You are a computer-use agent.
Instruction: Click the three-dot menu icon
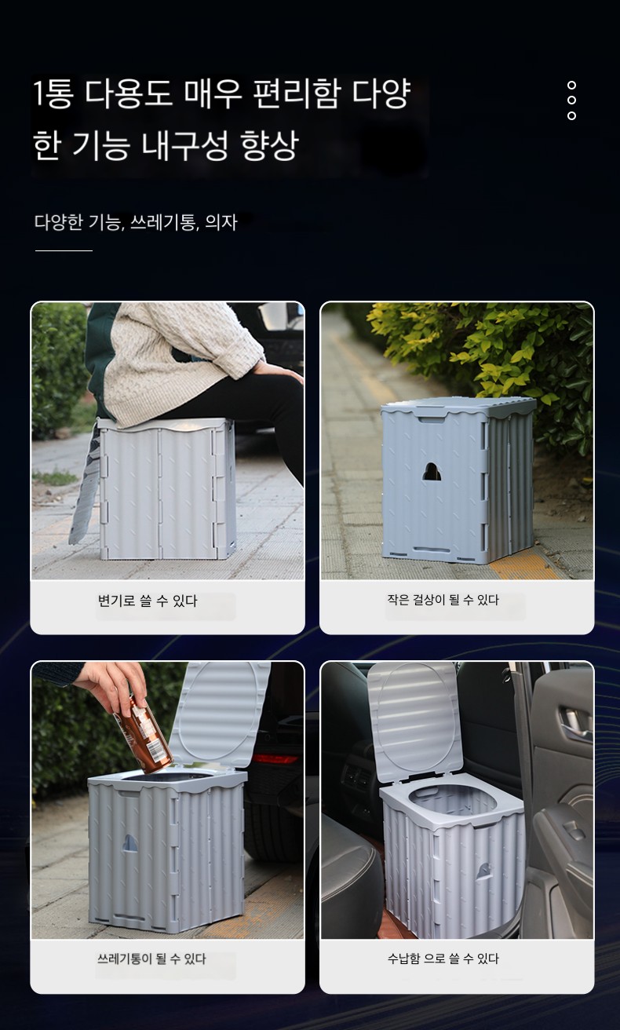[x=571, y=100]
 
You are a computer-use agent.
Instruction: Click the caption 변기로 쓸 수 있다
[x=147, y=601]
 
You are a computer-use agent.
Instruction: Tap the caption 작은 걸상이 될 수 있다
[x=443, y=600]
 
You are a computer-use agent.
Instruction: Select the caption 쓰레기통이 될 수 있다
[x=151, y=959]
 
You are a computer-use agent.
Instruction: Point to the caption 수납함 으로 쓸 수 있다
[x=443, y=959]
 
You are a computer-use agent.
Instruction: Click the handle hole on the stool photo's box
[x=432, y=473]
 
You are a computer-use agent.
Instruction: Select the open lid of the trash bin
[x=220, y=715]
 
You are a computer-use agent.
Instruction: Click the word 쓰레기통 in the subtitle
[x=163, y=222]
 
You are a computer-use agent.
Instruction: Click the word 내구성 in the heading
[x=184, y=145]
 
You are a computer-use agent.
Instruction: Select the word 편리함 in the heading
[x=297, y=93]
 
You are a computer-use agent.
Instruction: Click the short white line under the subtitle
[x=64, y=250]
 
